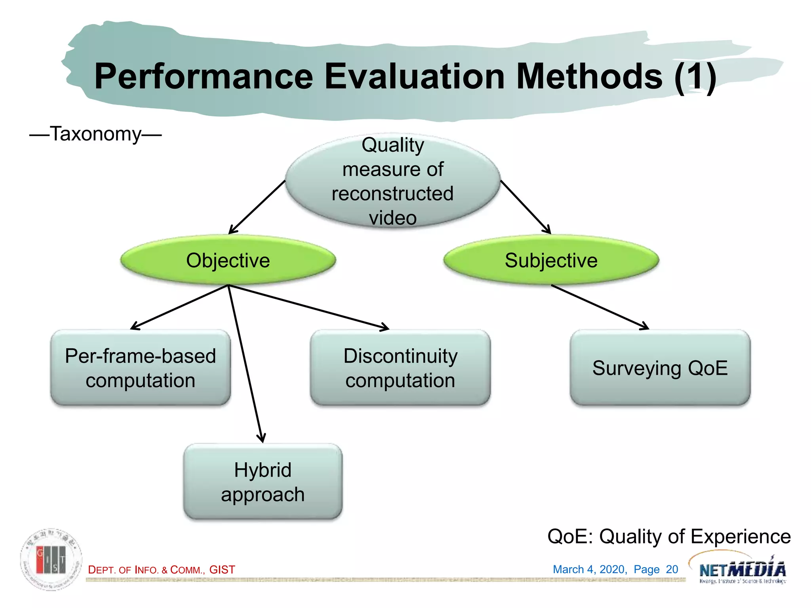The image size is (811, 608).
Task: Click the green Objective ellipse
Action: point(228,260)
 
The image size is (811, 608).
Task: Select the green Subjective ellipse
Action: point(551,260)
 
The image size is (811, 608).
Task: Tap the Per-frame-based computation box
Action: point(141,368)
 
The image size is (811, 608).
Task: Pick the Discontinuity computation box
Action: point(400,368)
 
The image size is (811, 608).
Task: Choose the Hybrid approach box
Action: point(263,482)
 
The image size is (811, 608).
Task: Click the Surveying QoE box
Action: point(660,368)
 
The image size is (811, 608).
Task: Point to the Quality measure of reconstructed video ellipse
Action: point(392,181)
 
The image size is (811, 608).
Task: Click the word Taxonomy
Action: point(95,134)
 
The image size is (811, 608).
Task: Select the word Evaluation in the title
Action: point(414,76)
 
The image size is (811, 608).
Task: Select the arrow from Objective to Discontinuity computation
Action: point(309,307)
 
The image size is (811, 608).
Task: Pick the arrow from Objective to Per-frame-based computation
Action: point(179,307)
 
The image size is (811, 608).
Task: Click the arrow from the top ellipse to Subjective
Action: point(525,207)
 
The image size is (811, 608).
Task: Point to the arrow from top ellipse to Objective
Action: point(257,207)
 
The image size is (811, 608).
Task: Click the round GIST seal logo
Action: point(51,559)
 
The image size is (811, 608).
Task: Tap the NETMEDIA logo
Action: point(742,569)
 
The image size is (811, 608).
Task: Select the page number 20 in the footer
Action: point(672,569)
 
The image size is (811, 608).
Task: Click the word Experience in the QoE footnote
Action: point(740,537)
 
